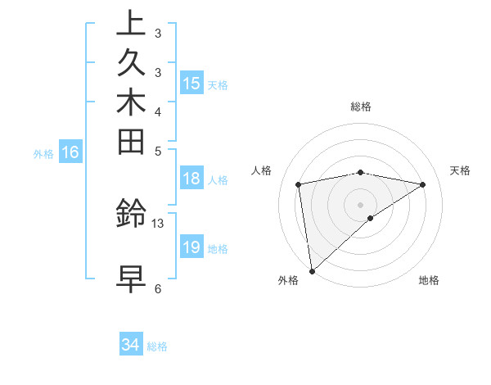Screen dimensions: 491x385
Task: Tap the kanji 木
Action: coord(132,102)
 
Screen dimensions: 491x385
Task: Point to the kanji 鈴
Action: coord(132,215)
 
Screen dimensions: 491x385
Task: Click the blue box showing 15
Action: coord(191,84)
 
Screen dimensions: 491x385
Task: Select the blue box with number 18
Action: coord(191,179)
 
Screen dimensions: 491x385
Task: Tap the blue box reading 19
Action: coord(191,247)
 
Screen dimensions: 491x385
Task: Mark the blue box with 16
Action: coord(71,152)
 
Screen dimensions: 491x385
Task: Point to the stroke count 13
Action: coord(158,223)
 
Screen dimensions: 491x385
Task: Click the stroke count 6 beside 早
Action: coord(158,288)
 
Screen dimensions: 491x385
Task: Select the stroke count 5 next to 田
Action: coord(158,151)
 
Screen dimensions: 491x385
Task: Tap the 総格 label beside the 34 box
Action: coord(158,346)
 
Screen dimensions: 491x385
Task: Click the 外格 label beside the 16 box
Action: coord(43,152)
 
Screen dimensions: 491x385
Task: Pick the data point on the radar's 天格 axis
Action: coord(422,184)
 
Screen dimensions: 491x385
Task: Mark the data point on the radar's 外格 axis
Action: coord(312,270)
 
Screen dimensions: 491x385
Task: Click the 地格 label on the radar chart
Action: coord(429,281)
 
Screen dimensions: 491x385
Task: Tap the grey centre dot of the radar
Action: coord(360,204)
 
